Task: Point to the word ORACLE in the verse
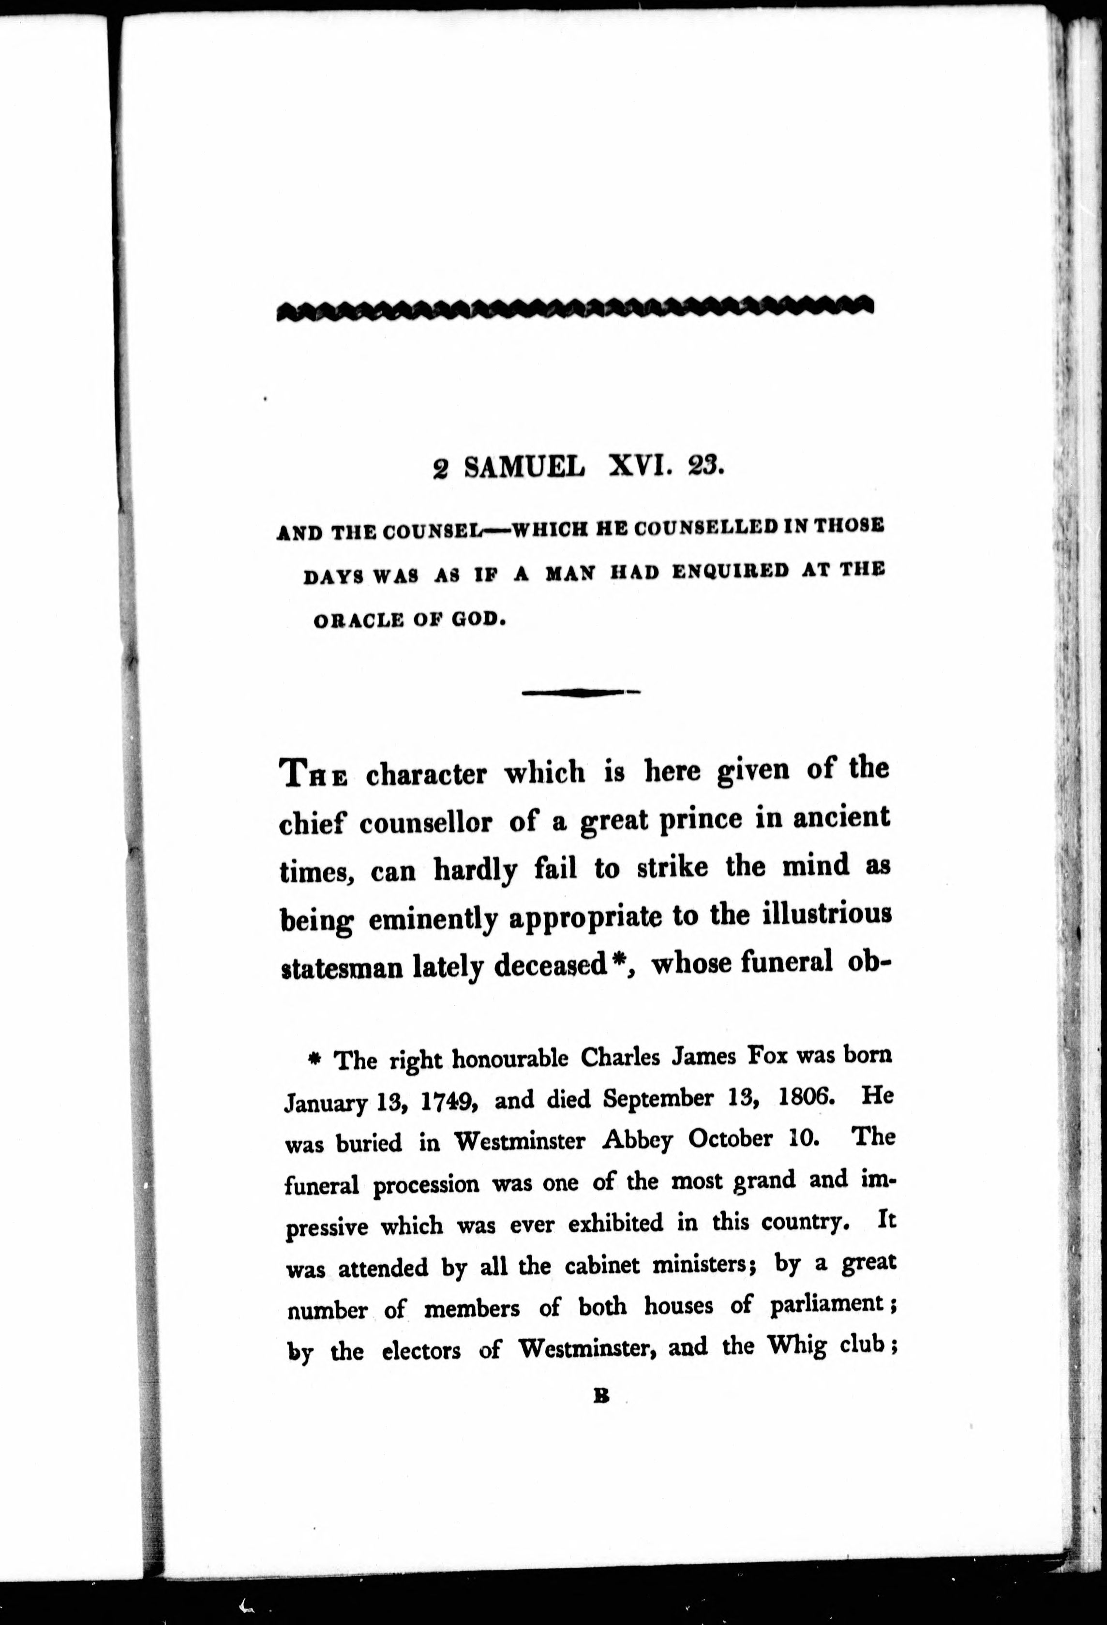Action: point(358,620)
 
